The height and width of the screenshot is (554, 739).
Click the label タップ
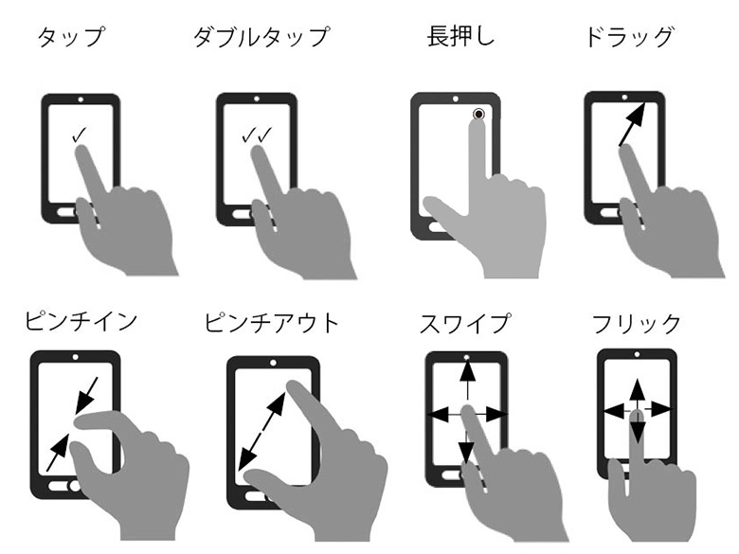[71, 37]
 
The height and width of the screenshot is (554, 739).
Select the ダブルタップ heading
[261, 37]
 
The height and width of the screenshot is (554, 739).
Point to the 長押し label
[460, 36]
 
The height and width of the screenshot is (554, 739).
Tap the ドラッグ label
[629, 37]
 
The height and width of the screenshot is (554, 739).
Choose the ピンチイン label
[81, 321]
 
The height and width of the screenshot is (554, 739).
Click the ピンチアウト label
[272, 323]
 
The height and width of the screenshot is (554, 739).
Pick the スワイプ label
[464, 323]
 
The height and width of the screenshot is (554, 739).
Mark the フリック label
[637, 324]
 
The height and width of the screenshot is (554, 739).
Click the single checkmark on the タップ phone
[80, 134]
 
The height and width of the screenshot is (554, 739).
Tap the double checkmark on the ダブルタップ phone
[257, 134]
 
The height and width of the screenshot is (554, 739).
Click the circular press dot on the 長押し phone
[478, 114]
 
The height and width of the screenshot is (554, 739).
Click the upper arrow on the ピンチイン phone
[87, 395]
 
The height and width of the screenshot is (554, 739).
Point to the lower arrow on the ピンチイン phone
[58, 453]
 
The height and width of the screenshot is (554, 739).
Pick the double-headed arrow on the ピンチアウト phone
[261, 432]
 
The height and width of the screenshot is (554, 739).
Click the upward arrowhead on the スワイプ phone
[467, 370]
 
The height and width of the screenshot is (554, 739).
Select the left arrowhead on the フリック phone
[613, 411]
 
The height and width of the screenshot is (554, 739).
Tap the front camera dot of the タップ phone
[81, 99]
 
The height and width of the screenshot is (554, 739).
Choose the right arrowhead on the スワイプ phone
[496, 415]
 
